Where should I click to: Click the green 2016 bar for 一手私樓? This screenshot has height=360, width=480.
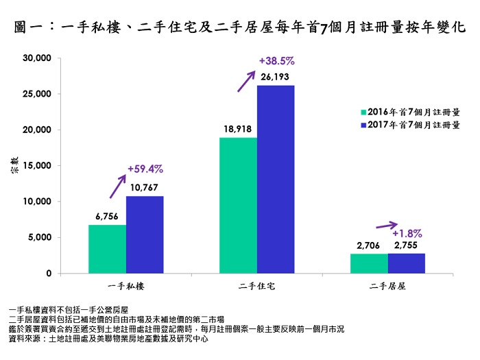click(107, 249)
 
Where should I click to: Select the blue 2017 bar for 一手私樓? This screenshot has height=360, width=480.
click(145, 235)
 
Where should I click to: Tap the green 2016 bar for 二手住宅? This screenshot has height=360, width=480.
click(238, 206)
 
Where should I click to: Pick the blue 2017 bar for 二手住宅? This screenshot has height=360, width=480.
click(276, 179)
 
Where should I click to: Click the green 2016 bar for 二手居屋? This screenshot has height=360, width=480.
click(369, 263)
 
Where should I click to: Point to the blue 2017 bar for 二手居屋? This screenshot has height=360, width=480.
click(407, 263)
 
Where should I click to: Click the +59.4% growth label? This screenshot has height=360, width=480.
click(145, 168)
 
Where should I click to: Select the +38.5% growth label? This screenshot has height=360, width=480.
click(276, 60)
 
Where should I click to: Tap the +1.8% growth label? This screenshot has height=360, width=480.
click(407, 232)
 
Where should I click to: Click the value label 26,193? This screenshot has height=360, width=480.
click(276, 76)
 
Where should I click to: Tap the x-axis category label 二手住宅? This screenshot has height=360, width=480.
click(257, 285)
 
